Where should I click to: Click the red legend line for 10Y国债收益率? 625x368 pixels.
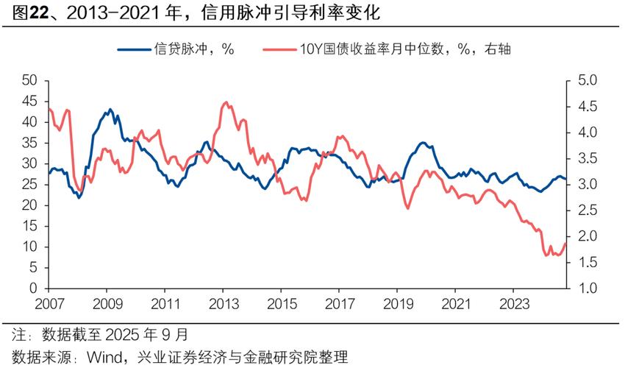point(278,49)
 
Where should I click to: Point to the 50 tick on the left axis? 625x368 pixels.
point(29,80)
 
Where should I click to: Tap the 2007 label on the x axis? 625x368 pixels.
point(49,303)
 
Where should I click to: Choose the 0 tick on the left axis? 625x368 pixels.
point(34,289)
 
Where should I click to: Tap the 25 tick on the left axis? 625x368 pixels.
point(29,185)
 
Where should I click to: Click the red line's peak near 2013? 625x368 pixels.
point(225,102)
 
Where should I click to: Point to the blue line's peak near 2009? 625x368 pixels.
point(110,110)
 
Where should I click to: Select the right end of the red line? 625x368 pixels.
point(565,244)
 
